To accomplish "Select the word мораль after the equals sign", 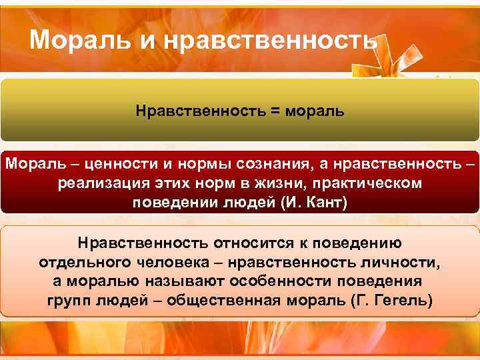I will click(315, 109).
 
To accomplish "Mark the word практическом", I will click(373, 183).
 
